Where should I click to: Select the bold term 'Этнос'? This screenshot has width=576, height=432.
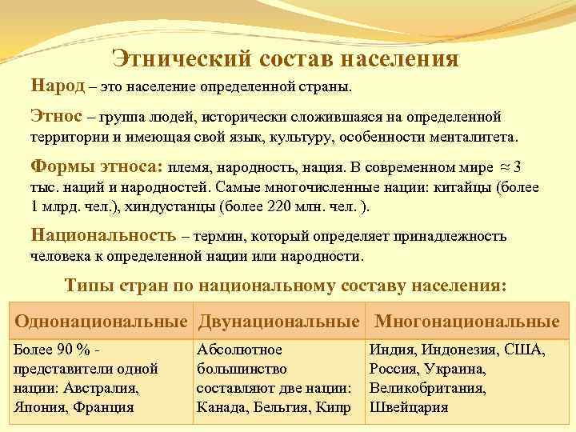[56, 116]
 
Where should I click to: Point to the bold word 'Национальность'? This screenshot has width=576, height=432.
[103, 236]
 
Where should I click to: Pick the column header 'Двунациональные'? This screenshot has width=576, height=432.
[279, 322]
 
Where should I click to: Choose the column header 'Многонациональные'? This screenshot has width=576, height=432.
[467, 322]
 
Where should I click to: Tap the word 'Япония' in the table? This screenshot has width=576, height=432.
[39, 406]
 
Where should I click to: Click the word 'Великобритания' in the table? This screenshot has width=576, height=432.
[427, 388]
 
